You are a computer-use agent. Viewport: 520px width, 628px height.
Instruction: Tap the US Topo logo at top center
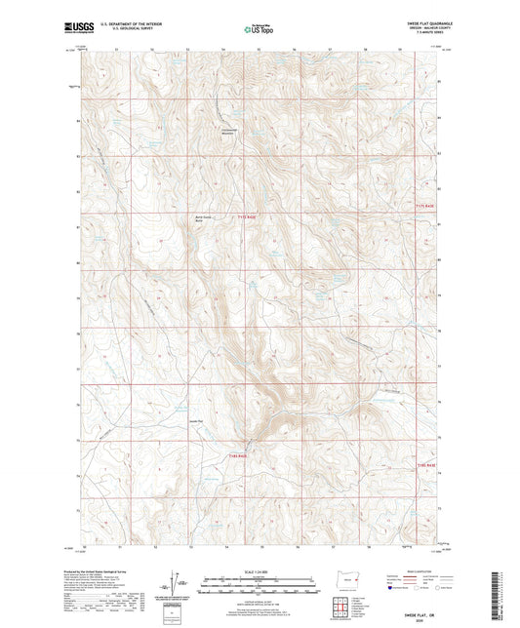point(257,30)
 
